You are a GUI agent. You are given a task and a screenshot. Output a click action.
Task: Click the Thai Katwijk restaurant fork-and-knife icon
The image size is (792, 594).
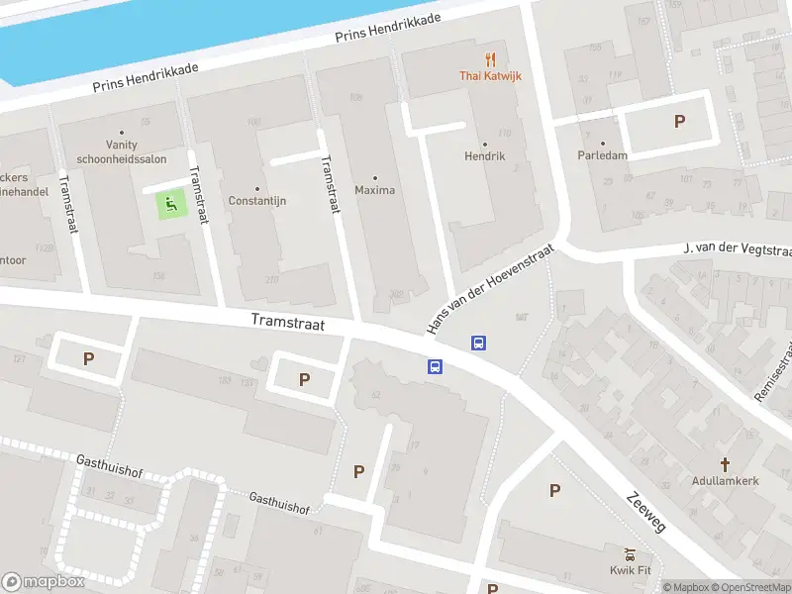pyautogui.click(x=490, y=59)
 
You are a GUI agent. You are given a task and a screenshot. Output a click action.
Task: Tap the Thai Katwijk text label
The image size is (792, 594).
pyautogui.click(x=490, y=76)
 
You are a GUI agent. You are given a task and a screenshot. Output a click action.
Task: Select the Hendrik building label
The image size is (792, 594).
pyautogui.click(x=484, y=156)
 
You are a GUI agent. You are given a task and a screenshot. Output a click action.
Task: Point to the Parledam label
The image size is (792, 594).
pyautogui.click(x=603, y=155)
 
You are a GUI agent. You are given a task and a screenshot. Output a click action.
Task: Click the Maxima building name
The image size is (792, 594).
pyautogui.click(x=374, y=190)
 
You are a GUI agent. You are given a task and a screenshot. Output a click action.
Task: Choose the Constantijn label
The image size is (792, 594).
pyautogui.click(x=257, y=200)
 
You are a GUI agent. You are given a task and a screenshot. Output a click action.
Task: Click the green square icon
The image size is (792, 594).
pyautogui.click(x=170, y=206)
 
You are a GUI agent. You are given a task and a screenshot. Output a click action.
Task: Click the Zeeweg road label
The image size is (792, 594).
pyautogui.click(x=645, y=512)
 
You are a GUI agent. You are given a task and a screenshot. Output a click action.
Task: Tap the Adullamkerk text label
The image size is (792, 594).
pyautogui.click(x=725, y=480)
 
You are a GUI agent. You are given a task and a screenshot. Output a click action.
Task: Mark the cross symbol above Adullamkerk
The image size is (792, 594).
pyautogui.click(x=725, y=463)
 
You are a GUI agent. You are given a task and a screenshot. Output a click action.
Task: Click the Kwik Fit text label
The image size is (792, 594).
pyautogui.click(x=629, y=570)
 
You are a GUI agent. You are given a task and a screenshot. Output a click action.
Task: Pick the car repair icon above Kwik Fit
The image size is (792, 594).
pyautogui.click(x=629, y=553)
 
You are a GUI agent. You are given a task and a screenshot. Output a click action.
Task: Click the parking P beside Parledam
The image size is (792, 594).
pyautogui.click(x=679, y=121)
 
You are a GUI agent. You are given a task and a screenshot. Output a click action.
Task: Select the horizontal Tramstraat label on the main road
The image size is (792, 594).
pyautogui.click(x=288, y=322)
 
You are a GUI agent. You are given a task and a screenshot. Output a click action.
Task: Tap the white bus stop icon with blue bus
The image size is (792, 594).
pyautogui.click(x=478, y=344)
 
